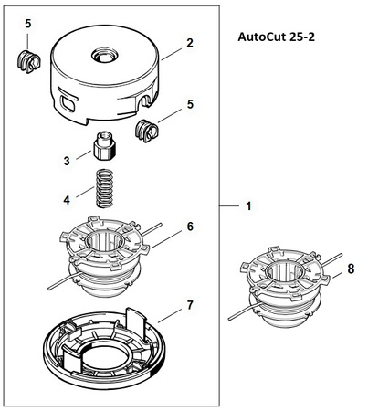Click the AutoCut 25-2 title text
point(276,37)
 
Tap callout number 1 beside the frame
point(248,206)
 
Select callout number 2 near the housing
point(190,43)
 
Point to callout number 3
point(67,161)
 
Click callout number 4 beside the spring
point(67,200)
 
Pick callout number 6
point(190,227)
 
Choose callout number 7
point(190,305)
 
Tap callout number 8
point(351,269)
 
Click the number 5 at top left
point(28,24)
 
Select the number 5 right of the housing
point(190,104)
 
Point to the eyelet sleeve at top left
point(28,61)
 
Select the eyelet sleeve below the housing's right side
point(147,131)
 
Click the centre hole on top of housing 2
point(105,56)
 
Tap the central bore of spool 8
point(284,271)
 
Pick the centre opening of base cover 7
point(106,358)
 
